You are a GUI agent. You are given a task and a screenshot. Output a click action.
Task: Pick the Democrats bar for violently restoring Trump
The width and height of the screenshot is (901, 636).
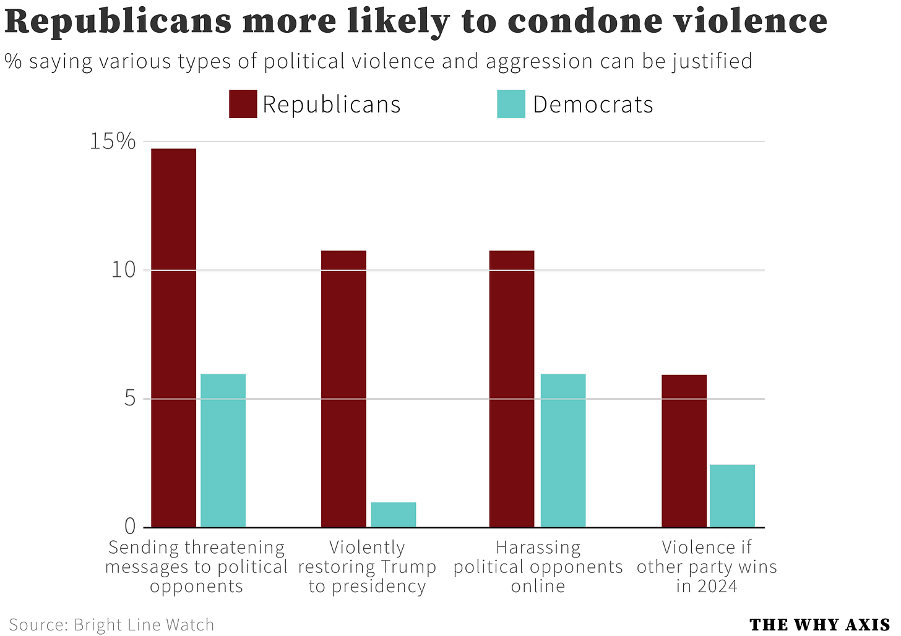394,514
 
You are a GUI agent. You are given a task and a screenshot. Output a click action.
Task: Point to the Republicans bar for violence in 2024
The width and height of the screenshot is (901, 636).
684,451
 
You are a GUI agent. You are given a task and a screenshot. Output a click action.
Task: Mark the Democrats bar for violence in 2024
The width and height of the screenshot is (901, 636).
732,496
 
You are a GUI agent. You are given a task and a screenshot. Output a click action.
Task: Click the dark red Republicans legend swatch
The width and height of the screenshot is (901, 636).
243,104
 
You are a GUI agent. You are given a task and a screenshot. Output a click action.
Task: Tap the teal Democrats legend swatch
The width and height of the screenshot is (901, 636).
511,104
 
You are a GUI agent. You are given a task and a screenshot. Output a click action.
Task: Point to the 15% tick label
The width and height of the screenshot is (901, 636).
113,142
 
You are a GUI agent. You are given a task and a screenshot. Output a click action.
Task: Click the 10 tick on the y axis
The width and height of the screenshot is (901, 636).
123,270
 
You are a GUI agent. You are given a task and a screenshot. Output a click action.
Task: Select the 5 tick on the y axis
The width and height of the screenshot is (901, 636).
129,399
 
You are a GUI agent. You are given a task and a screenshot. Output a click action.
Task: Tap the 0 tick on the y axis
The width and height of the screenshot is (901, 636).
129,527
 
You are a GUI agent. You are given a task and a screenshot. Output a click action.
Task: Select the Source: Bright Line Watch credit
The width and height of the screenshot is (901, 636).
111,624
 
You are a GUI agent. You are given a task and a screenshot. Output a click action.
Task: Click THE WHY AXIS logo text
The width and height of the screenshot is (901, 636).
819,625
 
